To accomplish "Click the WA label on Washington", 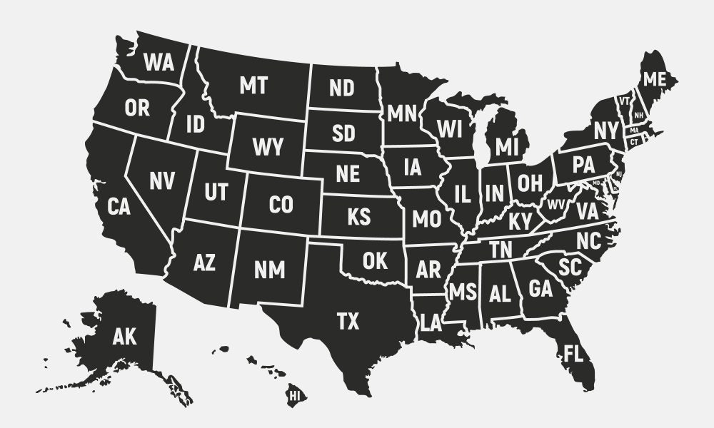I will [x=159, y=63].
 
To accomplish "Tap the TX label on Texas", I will [x=348, y=322].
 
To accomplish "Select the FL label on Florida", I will [x=573, y=353].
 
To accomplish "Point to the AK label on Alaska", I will [x=124, y=336].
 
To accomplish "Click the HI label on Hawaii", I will [x=294, y=393].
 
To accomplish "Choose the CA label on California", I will [x=119, y=208].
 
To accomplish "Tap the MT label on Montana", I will [x=253, y=86].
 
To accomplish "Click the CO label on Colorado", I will [x=281, y=205].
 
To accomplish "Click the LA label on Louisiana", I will [x=431, y=324].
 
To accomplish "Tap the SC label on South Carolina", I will [x=570, y=267].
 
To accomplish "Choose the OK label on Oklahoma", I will [x=374, y=261].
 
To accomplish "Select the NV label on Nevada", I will [x=161, y=181].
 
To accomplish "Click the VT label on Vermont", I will [x=624, y=101].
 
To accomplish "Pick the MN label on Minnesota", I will [x=402, y=113].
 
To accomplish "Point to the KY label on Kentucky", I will [x=521, y=222].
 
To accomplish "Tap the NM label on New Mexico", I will [x=269, y=270].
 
